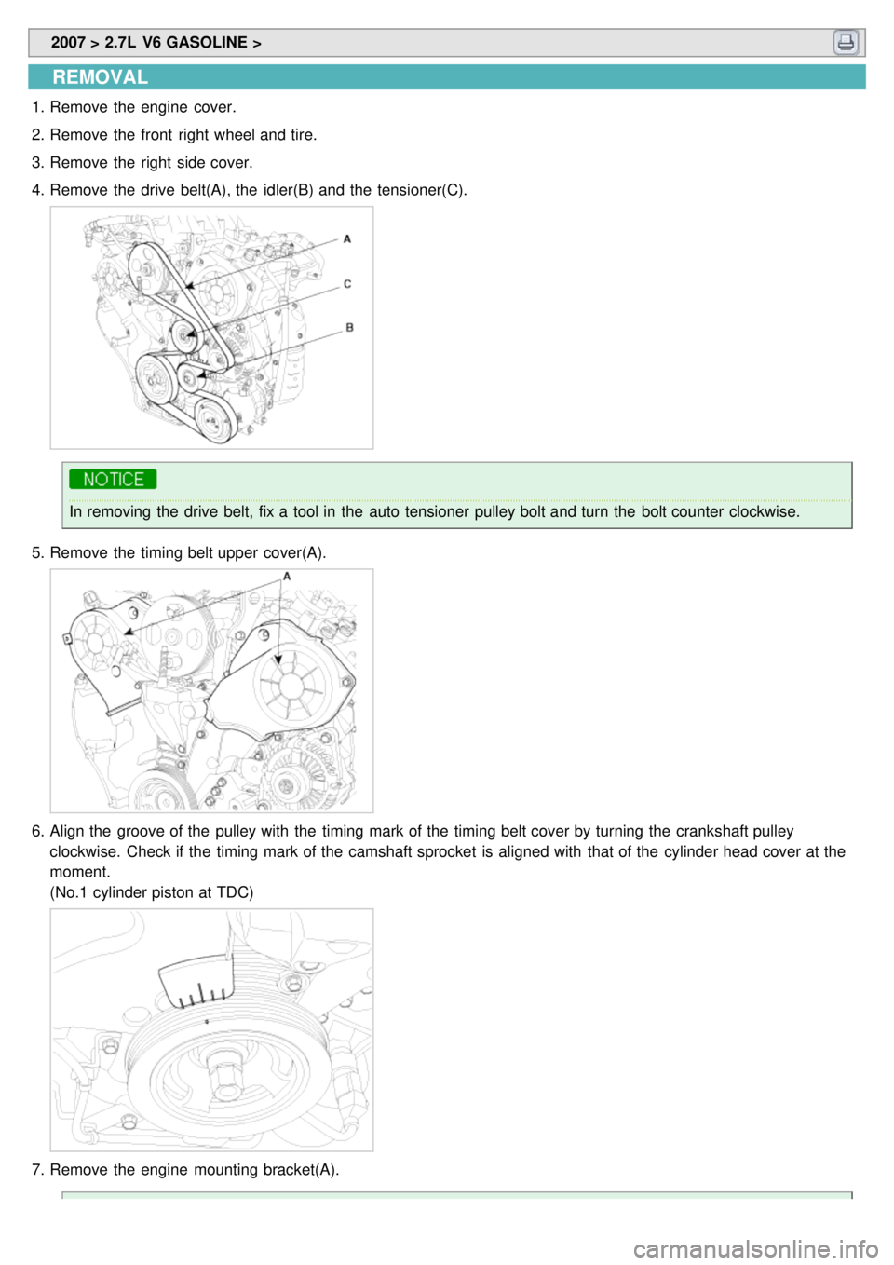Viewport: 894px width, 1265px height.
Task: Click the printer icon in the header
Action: [x=846, y=42]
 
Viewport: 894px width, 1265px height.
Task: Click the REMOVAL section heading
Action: [x=100, y=76]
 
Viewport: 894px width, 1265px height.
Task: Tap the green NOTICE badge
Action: [x=113, y=479]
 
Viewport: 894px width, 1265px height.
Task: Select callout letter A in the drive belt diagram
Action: [x=347, y=238]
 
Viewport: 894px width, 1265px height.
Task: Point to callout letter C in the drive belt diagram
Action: [x=347, y=283]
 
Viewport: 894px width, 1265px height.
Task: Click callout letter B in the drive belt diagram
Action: [x=349, y=327]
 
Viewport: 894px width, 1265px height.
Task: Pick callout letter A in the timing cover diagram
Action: [x=287, y=576]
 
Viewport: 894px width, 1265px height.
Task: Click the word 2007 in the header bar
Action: [x=68, y=42]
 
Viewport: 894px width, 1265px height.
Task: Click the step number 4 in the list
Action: [x=36, y=190]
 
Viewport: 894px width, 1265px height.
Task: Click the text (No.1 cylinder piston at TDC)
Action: [x=152, y=892]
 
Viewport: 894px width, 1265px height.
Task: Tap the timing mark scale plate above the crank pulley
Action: [x=196, y=981]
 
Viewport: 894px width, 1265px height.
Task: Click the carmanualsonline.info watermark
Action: [x=756, y=1249]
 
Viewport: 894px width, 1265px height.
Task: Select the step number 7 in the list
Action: [x=36, y=1170]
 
